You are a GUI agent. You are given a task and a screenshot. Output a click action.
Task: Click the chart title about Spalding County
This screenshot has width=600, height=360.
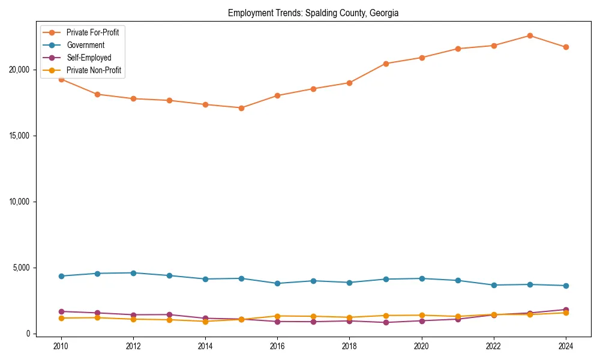click(x=313, y=13)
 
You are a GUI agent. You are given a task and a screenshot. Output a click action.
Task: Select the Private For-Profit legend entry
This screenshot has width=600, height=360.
click(x=92, y=32)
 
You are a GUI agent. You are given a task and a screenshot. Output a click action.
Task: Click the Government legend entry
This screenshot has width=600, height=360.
click(x=85, y=45)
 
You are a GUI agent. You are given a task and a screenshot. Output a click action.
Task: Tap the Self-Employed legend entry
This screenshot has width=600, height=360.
click(x=89, y=58)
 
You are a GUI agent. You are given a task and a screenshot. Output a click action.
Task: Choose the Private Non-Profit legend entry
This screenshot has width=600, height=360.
click(x=94, y=70)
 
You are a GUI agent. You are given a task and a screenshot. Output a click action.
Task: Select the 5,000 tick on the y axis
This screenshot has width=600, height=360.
click(x=22, y=268)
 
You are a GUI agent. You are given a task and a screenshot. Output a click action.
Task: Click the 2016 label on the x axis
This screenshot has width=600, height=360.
click(x=277, y=346)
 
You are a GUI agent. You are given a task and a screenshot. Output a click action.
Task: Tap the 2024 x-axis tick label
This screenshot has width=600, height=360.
click(x=565, y=346)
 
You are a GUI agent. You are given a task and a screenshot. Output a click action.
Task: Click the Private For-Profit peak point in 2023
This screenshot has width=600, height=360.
click(x=530, y=35)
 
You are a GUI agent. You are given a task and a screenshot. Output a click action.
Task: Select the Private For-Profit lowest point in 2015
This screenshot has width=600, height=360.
click(x=241, y=108)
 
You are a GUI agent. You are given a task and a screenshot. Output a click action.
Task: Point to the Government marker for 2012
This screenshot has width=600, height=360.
click(x=133, y=273)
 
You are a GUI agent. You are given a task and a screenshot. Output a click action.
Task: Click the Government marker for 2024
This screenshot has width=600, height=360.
click(x=566, y=286)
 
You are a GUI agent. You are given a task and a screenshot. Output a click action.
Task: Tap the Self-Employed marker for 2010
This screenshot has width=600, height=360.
click(x=61, y=311)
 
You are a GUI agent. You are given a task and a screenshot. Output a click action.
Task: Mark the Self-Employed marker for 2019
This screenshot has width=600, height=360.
click(x=386, y=322)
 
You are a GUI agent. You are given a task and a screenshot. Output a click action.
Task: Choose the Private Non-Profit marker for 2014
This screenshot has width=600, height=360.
click(x=205, y=322)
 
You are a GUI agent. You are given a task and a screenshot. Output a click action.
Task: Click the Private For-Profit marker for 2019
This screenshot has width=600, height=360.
click(x=386, y=64)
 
